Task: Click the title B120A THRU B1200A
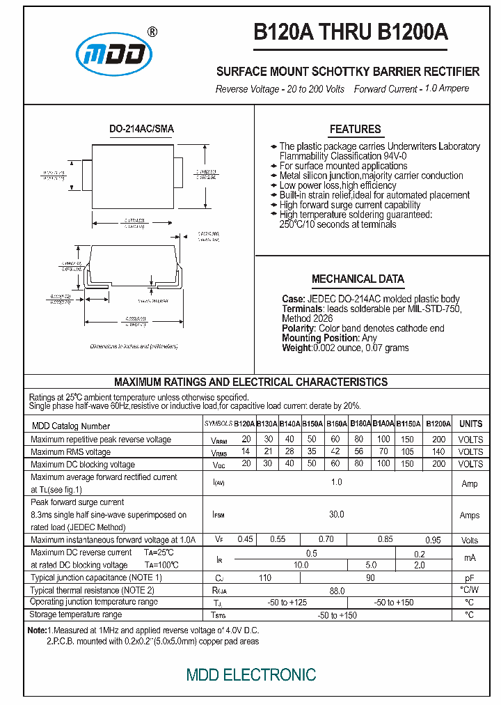coord(350,33)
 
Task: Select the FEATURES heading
coord(355,129)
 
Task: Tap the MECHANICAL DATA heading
coord(358,279)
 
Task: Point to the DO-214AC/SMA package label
coord(142,129)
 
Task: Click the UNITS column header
coord(470,424)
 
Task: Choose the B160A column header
coord(336,424)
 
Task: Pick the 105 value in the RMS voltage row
coord(407,451)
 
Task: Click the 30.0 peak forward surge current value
coord(336,514)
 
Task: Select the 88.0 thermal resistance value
coord(336,590)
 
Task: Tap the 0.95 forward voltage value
coord(433,540)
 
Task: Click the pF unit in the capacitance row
coord(470,578)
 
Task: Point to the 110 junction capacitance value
coord(265,578)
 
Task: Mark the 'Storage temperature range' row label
coord(76,614)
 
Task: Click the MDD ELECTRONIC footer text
coord(250,674)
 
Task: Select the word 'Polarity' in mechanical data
coord(299,328)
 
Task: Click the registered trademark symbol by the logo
coord(152,31)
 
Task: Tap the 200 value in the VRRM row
coord(438,439)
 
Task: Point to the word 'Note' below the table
coord(36,630)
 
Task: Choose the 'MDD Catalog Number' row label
coord(70,426)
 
